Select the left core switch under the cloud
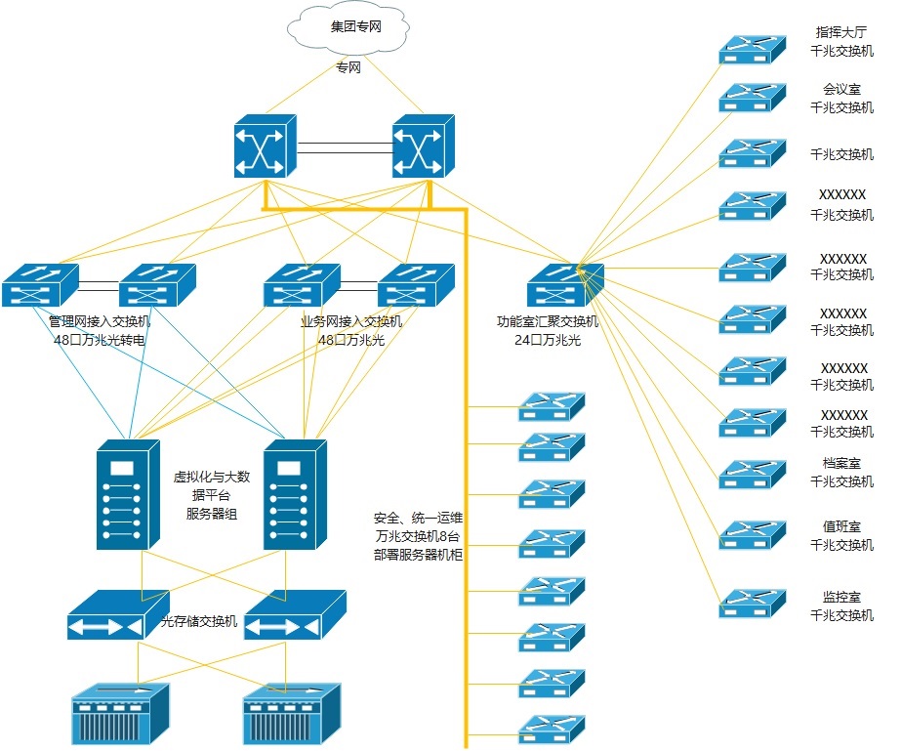tap(265, 146)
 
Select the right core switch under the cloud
tap(423, 146)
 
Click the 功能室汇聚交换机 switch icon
tap(565, 285)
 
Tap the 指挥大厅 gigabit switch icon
tap(752, 50)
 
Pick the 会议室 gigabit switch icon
tap(752, 98)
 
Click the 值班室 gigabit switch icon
tap(752, 534)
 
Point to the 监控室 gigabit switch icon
tap(752, 604)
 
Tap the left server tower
tap(128, 494)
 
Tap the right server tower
tap(296, 494)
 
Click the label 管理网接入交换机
tap(101, 321)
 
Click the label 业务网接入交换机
tap(350, 321)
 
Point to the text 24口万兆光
tap(548, 340)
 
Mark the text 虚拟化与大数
tap(212, 477)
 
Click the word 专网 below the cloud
tap(348, 68)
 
